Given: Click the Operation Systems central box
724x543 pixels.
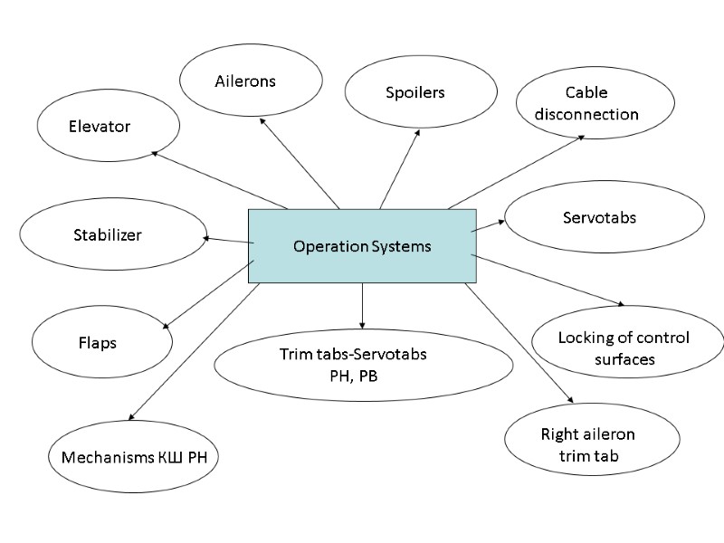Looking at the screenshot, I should click(x=362, y=246).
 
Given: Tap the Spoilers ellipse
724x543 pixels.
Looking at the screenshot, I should click(x=421, y=93).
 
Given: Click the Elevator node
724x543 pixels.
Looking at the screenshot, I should click(x=100, y=127).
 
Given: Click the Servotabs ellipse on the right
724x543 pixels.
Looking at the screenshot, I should click(x=604, y=218).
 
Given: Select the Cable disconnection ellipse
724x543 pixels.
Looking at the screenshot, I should click(x=593, y=104).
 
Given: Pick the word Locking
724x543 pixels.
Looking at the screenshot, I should click(x=582, y=338).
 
